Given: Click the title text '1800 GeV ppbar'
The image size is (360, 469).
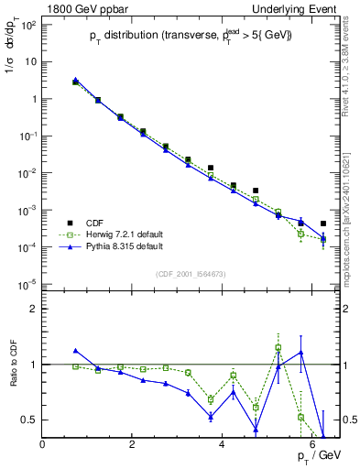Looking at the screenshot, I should click(81, 8).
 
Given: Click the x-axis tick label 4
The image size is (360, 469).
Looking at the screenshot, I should click(223, 445).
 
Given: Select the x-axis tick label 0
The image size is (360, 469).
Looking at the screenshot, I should click(43, 445).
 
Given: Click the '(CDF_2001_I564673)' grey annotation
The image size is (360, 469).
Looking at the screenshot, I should click(188, 273).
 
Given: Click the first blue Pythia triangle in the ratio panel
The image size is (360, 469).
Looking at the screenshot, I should click(76, 350).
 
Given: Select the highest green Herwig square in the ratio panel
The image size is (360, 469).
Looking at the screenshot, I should click(278, 347).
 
